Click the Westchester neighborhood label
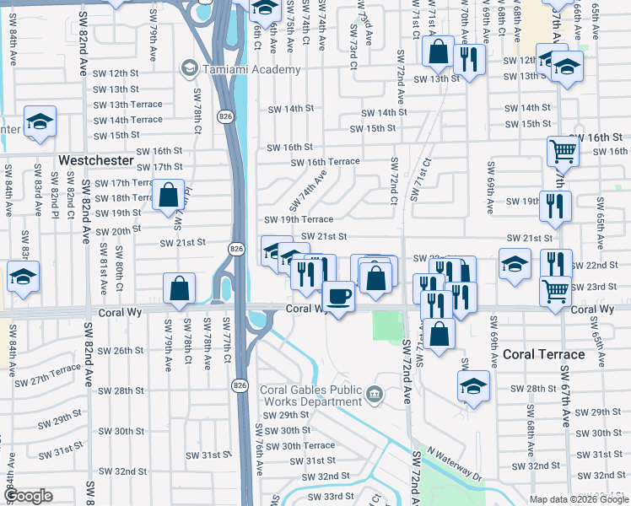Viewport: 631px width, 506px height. [x=95, y=159]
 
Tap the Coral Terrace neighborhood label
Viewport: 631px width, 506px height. [x=543, y=354]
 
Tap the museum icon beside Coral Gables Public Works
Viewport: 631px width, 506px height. [x=375, y=393]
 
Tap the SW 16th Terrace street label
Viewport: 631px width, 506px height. [x=325, y=162]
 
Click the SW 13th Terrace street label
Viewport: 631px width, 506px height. [x=128, y=105]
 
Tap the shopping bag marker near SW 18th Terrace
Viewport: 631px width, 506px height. [x=169, y=195]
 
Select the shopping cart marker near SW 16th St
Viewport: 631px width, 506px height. [x=563, y=153]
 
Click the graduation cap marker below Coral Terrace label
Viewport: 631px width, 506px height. [x=473, y=387]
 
